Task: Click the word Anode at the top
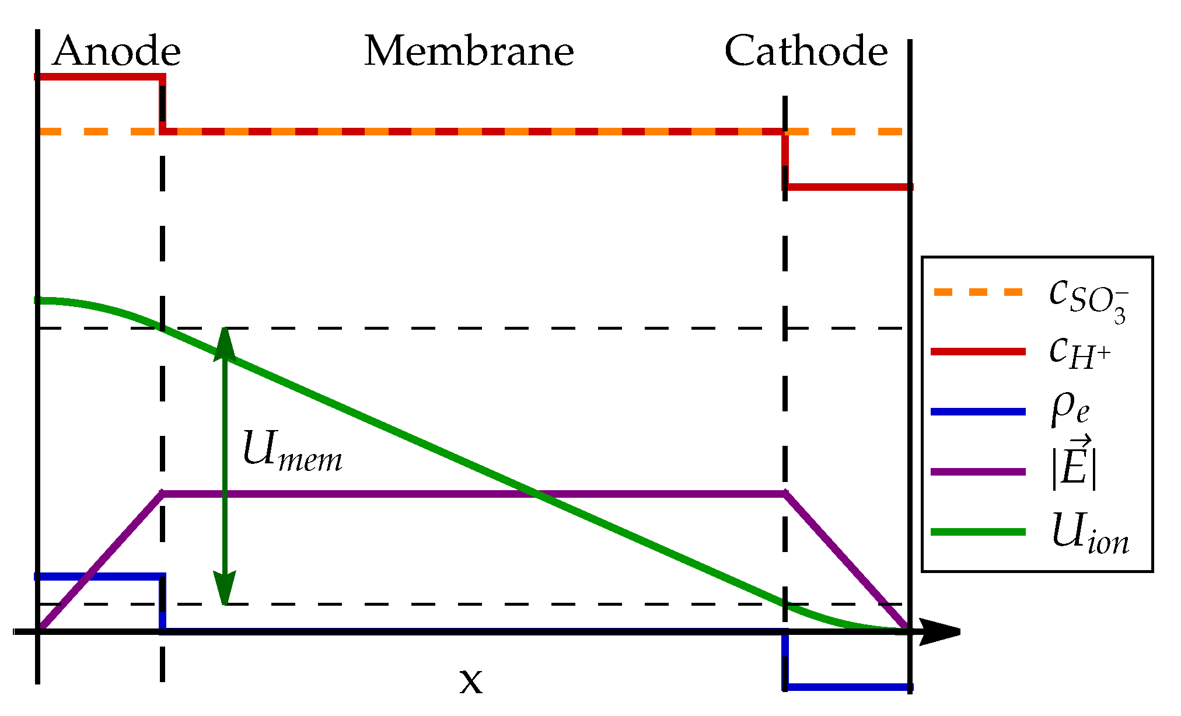click(117, 51)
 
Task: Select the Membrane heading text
click(469, 51)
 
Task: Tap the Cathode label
click(806, 51)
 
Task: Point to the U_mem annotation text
click(292, 451)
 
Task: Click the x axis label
click(471, 680)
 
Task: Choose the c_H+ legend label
click(1079, 353)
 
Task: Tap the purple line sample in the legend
click(978, 471)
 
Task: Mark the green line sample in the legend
click(978, 532)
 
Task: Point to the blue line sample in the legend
click(978, 412)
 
